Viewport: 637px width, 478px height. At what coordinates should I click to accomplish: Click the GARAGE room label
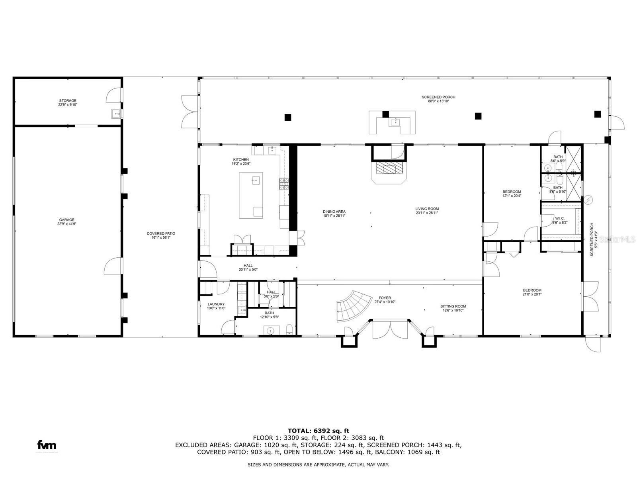point(66,220)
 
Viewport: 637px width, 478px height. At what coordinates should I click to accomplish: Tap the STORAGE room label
point(68,101)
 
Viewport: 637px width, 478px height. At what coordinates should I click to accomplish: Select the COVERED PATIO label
point(161,234)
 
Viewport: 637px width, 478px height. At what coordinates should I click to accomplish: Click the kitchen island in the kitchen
point(251,195)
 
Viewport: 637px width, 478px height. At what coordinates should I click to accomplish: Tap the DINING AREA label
point(334,212)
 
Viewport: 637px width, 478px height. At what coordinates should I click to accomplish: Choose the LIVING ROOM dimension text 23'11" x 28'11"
point(427,213)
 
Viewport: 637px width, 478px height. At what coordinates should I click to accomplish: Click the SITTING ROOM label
point(453,306)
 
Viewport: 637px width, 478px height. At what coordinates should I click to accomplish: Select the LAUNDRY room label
point(216,304)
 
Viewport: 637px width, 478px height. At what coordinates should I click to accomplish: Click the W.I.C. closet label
point(559,218)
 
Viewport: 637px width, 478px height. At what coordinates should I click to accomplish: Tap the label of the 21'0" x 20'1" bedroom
point(532,290)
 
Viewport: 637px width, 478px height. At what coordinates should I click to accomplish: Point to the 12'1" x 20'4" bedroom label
point(512,192)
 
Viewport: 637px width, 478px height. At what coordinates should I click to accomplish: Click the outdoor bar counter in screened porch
point(392,123)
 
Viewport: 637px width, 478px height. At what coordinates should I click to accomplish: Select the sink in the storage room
point(117,114)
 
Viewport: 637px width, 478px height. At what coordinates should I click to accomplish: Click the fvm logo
point(47,445)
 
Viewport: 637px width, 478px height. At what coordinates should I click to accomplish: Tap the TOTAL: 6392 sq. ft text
point(318,431)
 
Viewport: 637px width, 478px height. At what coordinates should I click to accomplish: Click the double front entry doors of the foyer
point(390,329)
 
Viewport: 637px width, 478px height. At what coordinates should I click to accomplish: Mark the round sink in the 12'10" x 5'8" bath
point(270,330)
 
